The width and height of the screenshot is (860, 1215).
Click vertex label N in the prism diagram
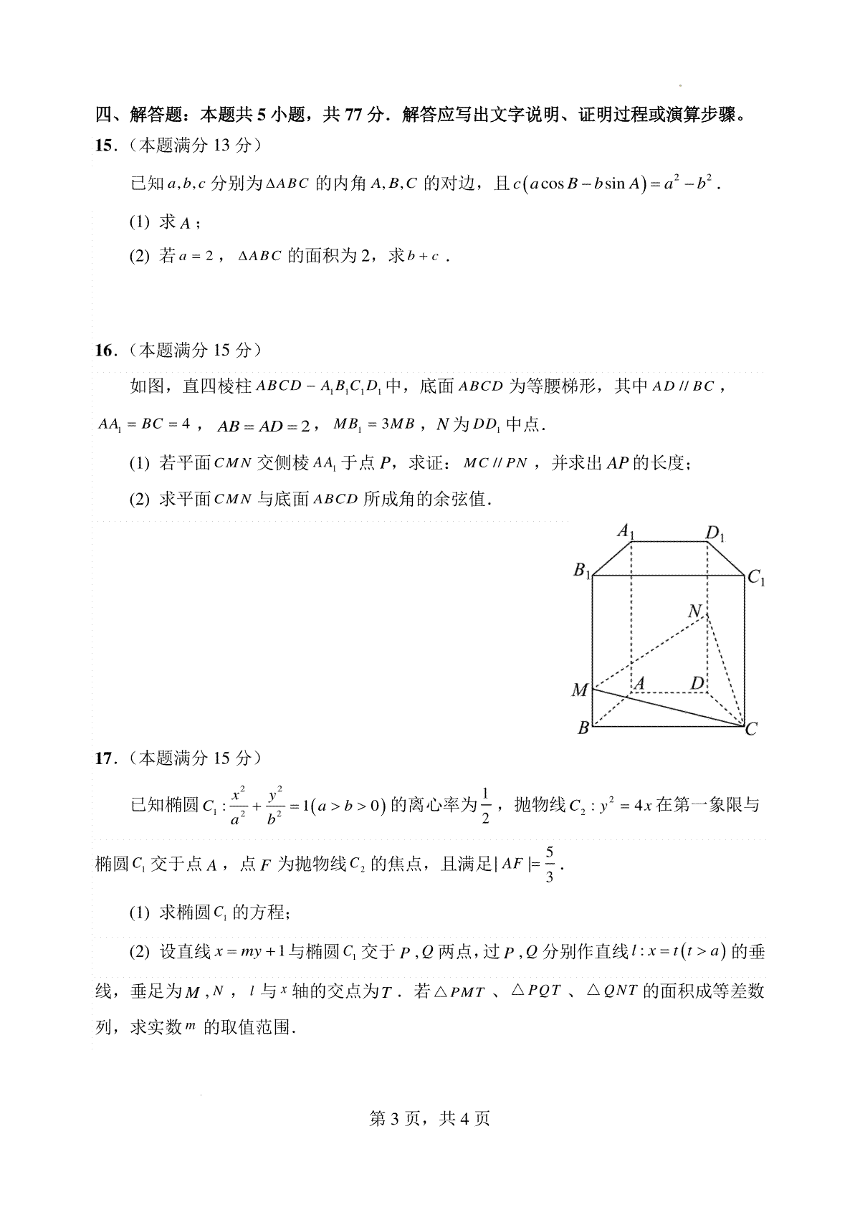(694, 611)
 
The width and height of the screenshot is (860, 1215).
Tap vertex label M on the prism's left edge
(579, 690)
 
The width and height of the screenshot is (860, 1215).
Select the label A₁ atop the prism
(626, 532)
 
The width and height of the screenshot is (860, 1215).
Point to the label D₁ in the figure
(715, 533)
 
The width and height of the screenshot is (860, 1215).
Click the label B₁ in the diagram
(581, 571)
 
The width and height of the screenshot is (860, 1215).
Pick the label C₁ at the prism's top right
(756, 577)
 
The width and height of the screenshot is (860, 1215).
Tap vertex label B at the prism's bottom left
(583, 728)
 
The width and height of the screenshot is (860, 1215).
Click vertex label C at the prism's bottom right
(751, 730)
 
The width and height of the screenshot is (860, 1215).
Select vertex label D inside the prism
(697, 683)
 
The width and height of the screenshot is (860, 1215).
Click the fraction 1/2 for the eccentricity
(485, 806)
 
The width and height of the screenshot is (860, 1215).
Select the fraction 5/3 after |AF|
(550, 864)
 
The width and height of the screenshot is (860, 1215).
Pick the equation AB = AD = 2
(264, 425)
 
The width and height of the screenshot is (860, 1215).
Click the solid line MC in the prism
(666, 708)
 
